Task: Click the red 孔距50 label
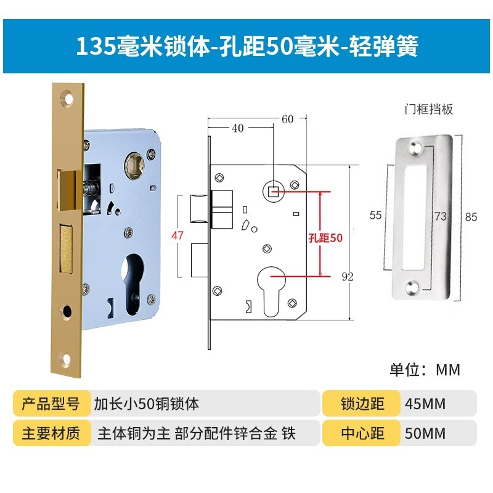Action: click(x=325, y=237)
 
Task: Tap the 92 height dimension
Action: click(x=348, y=277)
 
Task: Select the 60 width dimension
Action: click(x=287, y=120)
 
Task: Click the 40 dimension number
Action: click(x=237, y=128)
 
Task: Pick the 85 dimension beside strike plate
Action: click(x=471, y=217)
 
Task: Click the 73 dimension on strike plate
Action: click(x=441, y=217)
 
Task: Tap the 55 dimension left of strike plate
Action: click(x=376, y=215)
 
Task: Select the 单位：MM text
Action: click(x=425, y=370)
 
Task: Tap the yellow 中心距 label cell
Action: click(x=362, y=433)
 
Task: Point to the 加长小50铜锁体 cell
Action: click(x=147, y=404)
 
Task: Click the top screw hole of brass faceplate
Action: click(x=67, y=97)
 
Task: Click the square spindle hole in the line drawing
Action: click(x=274, y=192)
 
